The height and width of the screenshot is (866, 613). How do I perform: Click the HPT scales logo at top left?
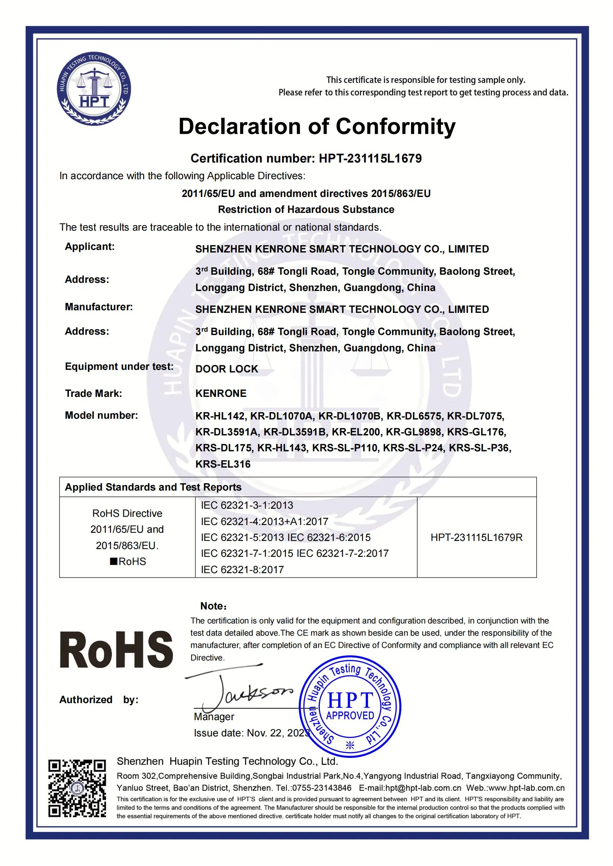(94, 89)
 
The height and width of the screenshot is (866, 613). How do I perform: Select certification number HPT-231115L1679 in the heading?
(370, 158)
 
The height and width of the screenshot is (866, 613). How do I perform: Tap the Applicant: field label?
(89, 247)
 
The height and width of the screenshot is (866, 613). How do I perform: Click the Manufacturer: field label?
(99, 307)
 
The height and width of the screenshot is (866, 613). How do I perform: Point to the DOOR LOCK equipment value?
(226, 369)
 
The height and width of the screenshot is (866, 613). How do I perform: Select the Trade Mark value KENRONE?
(221, 394)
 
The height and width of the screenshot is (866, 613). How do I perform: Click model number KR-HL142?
(221, 416)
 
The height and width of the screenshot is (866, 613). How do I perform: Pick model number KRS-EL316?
(223, 464)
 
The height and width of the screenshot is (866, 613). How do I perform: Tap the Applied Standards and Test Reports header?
(153, 487)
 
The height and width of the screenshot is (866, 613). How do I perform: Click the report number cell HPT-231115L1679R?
(476, 538)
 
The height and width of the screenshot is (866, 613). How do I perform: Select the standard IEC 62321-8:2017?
(242, 569)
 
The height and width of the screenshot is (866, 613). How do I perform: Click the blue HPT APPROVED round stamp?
(349, 707)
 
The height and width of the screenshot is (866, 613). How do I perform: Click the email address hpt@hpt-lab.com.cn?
(410, 788)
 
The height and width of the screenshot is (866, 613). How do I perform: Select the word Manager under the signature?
(213, 717)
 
